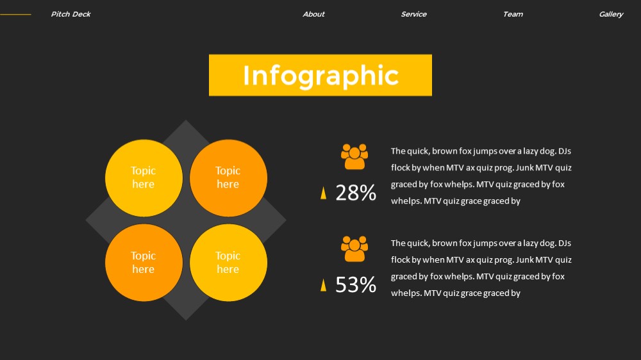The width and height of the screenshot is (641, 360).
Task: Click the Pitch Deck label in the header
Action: [71, 14]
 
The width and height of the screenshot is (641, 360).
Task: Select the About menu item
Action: [313, 14]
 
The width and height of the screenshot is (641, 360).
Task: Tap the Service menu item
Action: [413, 14]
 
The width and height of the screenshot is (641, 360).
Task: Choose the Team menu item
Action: [513, 14]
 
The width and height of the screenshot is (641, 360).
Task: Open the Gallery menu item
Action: [611, 14]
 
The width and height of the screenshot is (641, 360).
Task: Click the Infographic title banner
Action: [320, 75]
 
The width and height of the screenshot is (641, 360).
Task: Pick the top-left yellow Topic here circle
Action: [144, 177]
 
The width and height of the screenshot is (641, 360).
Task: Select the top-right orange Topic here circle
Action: [228, 177]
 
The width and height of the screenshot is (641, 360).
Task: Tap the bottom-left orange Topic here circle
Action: [144, 263]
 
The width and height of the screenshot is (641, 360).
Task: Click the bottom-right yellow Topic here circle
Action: [228, 263]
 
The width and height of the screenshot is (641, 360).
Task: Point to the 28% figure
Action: [356, 192]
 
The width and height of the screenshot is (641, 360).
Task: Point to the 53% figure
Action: [356, 285]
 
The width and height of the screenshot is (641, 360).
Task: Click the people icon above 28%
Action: [354, 156]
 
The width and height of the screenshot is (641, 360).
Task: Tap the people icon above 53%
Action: [354, 249]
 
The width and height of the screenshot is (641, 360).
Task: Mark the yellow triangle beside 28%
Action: [323, 193]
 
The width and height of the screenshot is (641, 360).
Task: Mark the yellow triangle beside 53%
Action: [323, 285]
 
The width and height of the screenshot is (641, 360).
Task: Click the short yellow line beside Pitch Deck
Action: [15, 14]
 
